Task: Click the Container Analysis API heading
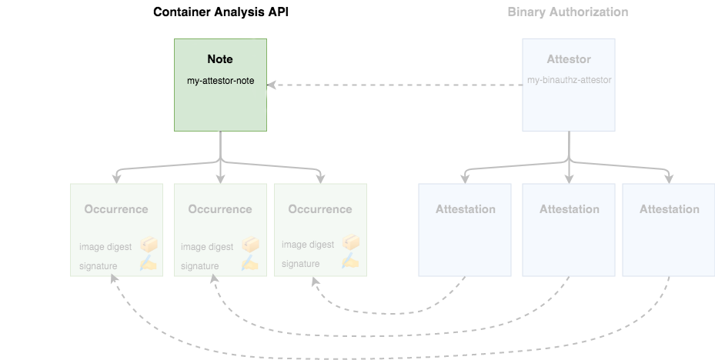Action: tap(222, 12)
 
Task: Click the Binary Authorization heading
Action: tap(568, 12)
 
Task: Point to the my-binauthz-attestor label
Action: tap(569, 80)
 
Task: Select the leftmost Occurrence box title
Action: tap(116, 209)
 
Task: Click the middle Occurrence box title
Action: tap(220, 209)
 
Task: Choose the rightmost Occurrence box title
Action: tap(320, 209)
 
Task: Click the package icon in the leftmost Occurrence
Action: tap(149, 245)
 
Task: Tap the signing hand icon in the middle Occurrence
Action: tap(250, 264)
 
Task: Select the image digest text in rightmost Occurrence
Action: tap(308, 245)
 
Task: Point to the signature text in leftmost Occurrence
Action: tap(98, 266)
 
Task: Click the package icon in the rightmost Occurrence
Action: tap(351, 244)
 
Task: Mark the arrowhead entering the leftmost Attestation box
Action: tap(465, 179)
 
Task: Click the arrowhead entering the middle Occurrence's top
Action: tap(220, 179)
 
